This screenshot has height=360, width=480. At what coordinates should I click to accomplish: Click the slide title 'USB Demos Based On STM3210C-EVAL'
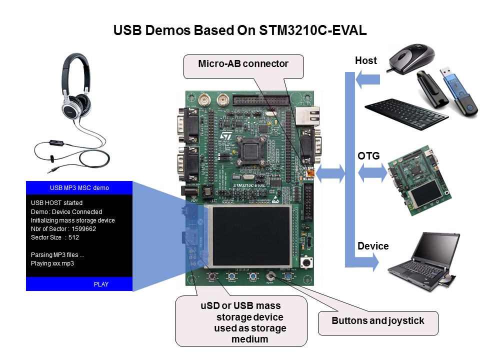[240, 30]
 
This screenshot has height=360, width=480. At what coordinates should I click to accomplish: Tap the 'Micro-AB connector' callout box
[243, 64]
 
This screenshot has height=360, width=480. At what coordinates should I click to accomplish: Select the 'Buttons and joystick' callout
[377, 321]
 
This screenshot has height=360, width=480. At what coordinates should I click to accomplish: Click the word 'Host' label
[365, 61]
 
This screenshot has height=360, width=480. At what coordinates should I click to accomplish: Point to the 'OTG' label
[368, 156]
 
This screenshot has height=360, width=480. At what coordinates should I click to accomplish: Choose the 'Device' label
[372, 246]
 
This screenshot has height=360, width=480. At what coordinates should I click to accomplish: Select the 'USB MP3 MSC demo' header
[79, 188]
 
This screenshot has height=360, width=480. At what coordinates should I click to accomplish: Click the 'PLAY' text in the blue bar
[101, 284]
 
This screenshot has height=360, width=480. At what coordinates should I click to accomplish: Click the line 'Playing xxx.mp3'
[52, 263]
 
